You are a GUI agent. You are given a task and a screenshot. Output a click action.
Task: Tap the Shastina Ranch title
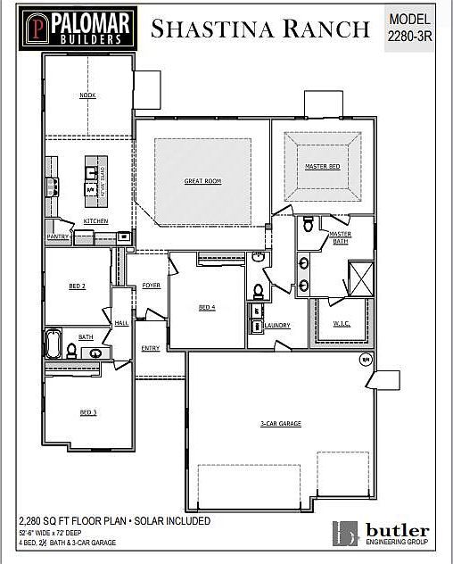pos(260,29)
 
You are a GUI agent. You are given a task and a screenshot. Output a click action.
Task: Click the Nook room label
pos(87,95)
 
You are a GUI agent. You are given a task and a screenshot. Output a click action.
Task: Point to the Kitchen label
pos(95,220)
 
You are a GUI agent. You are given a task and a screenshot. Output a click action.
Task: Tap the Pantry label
pos(58,236)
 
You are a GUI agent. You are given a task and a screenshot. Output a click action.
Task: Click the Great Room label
pos(202,181)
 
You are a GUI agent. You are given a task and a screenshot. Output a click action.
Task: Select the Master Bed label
pos(322,166)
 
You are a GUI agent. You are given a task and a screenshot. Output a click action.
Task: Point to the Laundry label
pos(277,326)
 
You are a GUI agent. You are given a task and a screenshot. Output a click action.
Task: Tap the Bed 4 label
pos(206,308)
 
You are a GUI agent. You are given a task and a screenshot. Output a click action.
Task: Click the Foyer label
pos(151,286)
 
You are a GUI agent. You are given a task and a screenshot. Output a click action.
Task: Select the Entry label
pos(150,348)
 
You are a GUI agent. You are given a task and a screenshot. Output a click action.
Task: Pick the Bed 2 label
pos(77,286)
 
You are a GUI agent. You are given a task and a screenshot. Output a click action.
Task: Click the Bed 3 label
pos(87,412)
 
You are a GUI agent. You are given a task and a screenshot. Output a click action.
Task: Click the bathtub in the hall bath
pos(54,344)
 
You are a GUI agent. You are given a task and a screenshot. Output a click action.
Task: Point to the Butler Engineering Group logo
pos(383,533)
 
